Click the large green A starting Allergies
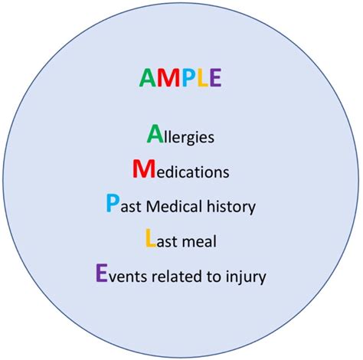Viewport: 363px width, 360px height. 154,135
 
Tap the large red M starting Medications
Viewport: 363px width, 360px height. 142,169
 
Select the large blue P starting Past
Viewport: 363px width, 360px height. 113,205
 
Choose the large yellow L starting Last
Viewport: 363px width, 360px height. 150,240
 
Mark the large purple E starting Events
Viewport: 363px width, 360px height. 101,274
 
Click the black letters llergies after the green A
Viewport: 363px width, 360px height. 188,139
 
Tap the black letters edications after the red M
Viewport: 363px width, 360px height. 190,172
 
